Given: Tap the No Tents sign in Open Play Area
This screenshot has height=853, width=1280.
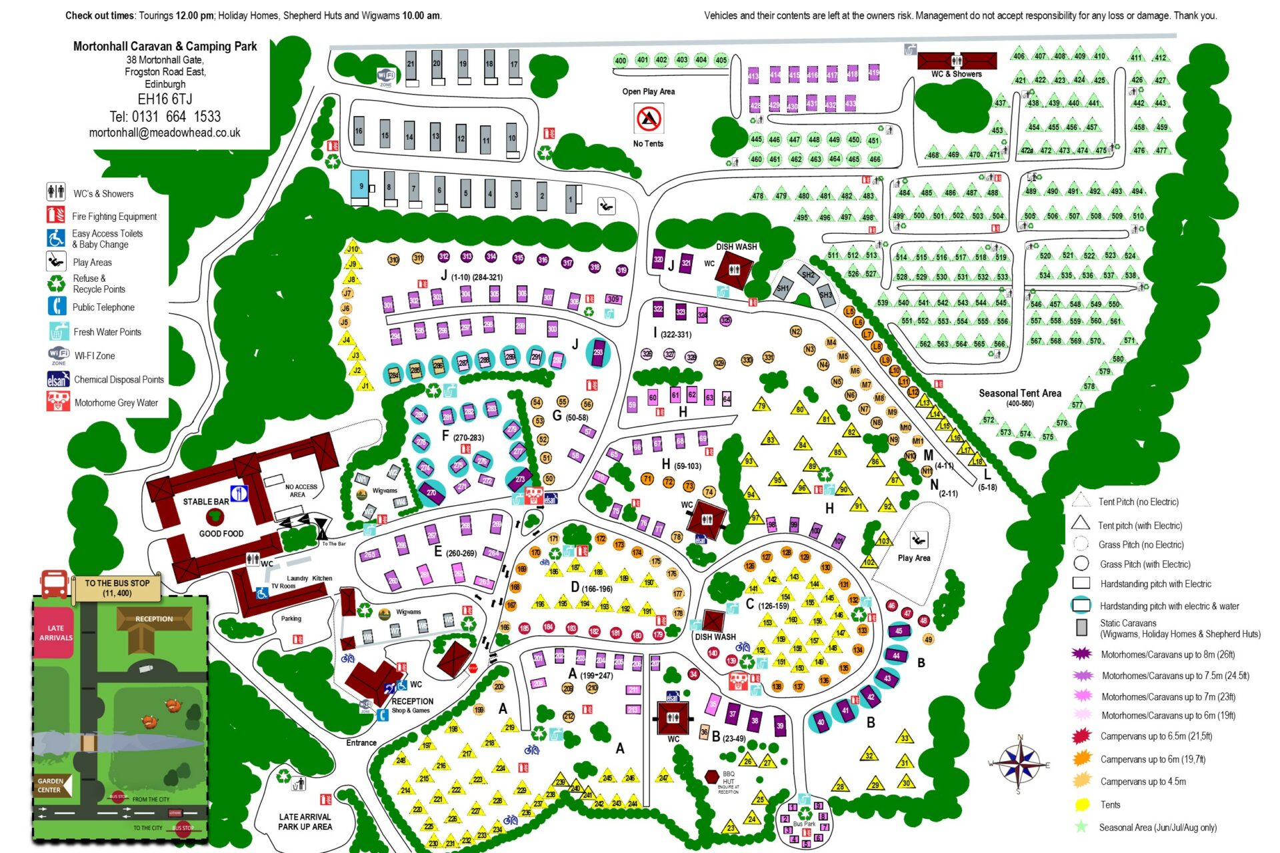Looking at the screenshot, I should pyautogui.click(x=648, y=119).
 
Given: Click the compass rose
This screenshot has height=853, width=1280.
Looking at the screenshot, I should pyautogui.click(x=1019, y=762).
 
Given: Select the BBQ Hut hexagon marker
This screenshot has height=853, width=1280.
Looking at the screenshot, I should pyautogui.click(x=712, y=777).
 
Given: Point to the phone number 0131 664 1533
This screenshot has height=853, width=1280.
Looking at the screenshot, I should pyautogui.click(x=165, y=117).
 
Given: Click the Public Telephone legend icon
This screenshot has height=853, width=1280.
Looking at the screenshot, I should pyautogui.click(x=57, y=307).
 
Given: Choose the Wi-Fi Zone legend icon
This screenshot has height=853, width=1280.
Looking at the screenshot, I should pyautogui.click(x=59, y=355).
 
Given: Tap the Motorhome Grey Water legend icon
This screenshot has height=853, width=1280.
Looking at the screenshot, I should pyautogui.click(x=58, y=401).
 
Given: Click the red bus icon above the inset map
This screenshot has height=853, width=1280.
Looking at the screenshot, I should pyautogui.click(x=54, y=582).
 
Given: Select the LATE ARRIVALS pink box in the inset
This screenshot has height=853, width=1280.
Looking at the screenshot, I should pyautogui.click(x=55, y=632).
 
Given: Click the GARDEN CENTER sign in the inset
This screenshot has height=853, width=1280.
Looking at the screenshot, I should pyautogui.click(x=51, y=785).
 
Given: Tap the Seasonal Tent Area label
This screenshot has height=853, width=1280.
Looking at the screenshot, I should pyautogui.click(x=1019, y=393).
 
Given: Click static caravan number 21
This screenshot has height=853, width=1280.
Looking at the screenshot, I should pyautogui.click(x=411, y=67).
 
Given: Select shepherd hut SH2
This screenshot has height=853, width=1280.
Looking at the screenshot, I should pyautogui.click(x=808, y=275).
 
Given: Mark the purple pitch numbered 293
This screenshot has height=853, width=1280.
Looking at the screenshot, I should pyautogui.click(x=598, y=353).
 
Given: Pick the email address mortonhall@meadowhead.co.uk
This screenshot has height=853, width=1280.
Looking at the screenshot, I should pyautogui.click(x=165, y=133).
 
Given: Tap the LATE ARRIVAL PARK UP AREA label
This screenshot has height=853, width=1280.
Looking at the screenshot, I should pyautogui.click(x=305, y=821).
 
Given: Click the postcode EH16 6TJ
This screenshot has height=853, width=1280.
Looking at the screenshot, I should pyautogui.click(x=165, y=99).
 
